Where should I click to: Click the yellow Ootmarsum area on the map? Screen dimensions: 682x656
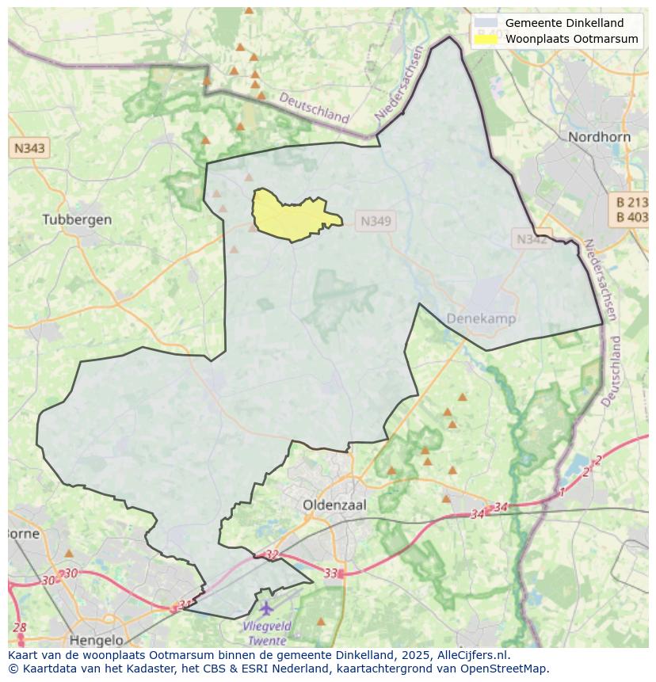click(289, 215)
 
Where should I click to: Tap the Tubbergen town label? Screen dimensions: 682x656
click(77, 219)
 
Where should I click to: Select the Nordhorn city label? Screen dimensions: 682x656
click(599, 137)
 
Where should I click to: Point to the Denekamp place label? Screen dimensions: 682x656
click(481, 318)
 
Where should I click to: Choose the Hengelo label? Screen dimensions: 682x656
click(97, 640)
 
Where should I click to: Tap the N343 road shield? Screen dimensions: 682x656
click(29, 148)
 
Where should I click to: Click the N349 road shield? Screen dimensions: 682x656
click(376, 222)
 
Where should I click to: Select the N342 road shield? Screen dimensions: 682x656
click(532, 238)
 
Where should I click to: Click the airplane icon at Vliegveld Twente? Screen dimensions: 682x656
click(266, 608)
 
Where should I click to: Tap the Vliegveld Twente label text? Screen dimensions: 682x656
click(267, 633)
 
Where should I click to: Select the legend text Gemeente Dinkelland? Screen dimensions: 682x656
click(564, 23)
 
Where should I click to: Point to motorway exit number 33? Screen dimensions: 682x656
click(330, 573)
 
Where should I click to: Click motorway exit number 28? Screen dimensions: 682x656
click(19, 628)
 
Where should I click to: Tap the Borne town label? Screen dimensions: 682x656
click(23, 533)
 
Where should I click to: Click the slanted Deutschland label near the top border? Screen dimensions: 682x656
click(314, 107)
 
